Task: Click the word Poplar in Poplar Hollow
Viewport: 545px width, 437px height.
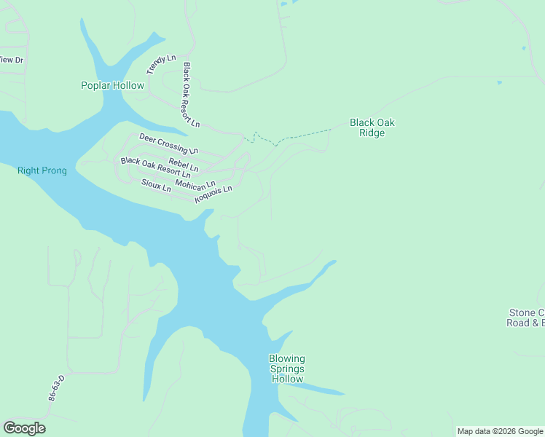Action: (x=96, y=86)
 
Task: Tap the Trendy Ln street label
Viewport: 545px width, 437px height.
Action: (x=161, y=64)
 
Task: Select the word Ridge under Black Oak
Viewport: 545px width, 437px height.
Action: (x=372, y=133)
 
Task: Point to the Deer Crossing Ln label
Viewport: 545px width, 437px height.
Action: (x=168, y=143)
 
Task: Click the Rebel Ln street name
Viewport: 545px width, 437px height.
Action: (x=183, y=165)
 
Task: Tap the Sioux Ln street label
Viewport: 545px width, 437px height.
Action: (x=155, y=185)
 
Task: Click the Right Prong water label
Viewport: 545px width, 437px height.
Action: (x=42, y=171)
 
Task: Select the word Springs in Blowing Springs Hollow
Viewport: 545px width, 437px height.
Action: (x=287, y=369)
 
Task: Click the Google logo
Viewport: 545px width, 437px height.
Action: (x=24, y=428)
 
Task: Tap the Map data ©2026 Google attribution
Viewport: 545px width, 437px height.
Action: (x=500, y=431)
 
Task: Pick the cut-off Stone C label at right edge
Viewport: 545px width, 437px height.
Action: (x=526, y=312)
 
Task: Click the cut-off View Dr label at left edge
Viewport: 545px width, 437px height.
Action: (x=12, y=60)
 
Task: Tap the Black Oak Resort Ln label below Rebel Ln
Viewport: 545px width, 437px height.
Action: (x=155, y=168)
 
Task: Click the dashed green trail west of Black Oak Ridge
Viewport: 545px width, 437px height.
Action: (x=299, y=135)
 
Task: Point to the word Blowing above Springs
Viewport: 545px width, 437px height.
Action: (x=287, y=359)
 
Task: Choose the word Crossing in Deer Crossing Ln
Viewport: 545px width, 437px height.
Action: (x=173, y=145)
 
